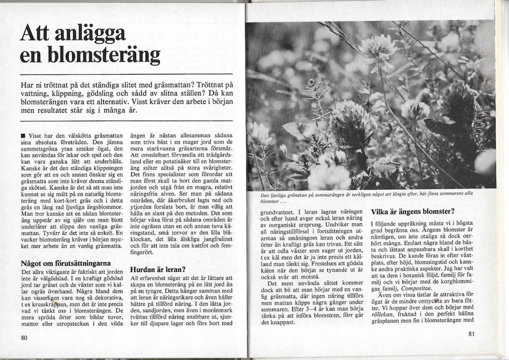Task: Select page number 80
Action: (x=24, y=338)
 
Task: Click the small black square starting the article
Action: (x=21, y=136)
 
